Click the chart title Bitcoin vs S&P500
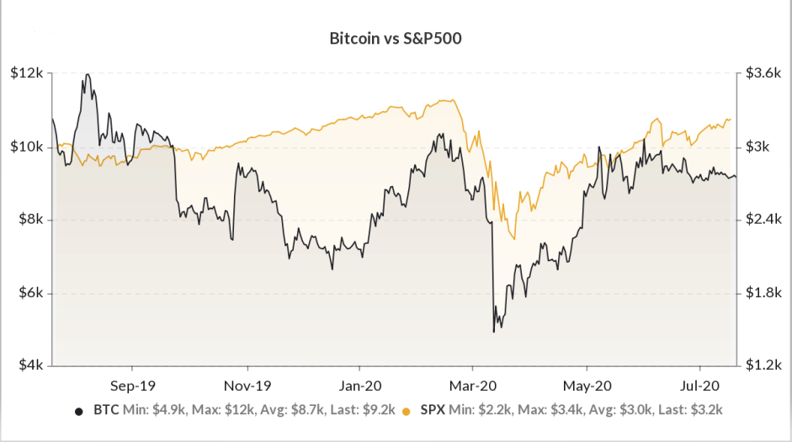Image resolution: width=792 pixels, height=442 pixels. coord(396,39)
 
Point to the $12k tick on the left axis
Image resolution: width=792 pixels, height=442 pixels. coord(26,73)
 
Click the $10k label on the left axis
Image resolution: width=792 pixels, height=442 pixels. coord(26,147)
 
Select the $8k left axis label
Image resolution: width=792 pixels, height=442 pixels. coord(31,220)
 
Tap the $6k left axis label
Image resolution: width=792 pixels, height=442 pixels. coord(31,293)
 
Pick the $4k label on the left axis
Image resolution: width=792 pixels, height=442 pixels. coord(31,365)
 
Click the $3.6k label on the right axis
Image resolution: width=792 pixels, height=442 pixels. coord(763,73)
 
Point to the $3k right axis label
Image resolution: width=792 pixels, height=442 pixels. coord(757,147)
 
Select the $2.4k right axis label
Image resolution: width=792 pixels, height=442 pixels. coord(763,220)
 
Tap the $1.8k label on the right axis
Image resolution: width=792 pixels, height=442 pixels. coord(763,293)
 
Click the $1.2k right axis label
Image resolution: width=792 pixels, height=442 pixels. coord(763,365)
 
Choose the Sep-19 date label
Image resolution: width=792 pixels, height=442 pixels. coord(133,386)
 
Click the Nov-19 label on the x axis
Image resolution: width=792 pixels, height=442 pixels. coord(247,386)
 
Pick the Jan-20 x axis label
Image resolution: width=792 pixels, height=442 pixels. coord(360,386)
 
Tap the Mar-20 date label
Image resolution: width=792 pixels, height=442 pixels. coord(473,386)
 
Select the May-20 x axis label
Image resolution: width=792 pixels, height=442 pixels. coord(587,386)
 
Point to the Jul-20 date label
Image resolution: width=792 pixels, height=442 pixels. coord(699,386)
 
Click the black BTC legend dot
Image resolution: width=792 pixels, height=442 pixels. coord(79,411)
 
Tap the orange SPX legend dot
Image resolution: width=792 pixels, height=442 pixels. coord(407,411)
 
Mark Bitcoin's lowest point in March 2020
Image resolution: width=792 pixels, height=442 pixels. coord(493,332)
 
